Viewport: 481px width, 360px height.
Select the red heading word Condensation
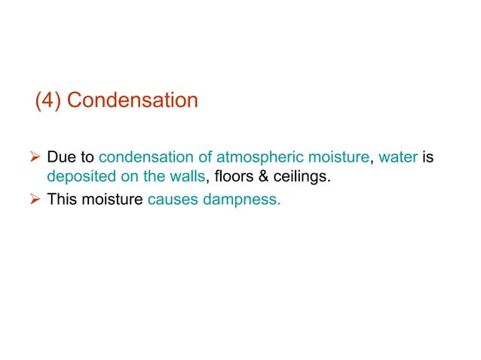(x=133, y=100)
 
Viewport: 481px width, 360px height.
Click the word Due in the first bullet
(x=59, y=160)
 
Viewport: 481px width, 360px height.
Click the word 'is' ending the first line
(x=428, y=160)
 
